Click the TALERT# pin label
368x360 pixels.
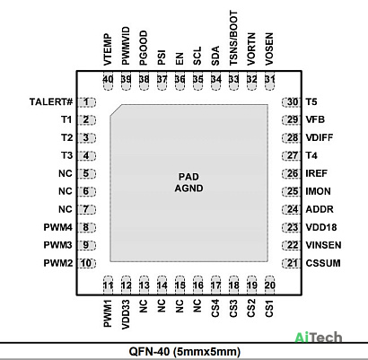[x=51, y=102]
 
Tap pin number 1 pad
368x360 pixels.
[x=86, y=102]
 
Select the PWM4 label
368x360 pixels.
[x=58, y=227]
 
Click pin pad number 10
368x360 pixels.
[x=86, y=263]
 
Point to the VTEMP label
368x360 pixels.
[x=108, y=49]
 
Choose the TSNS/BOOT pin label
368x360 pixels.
[x=233, y=38]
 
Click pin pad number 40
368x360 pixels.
[x=108, y=80]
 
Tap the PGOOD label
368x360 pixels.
[x=144, y=48]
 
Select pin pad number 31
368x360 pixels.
[x=269, y=80]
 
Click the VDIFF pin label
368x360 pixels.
[x=320, y=137]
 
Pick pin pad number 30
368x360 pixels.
[x=291, y=102]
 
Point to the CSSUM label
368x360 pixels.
[x=323, y=263]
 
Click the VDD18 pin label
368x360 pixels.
[x=321, y=227]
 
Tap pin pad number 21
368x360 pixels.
[x=291, y=263]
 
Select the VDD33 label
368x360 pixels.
[x=126, y=315]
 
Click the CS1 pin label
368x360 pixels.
[x=269, y=309]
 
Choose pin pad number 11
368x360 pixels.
[x=108, y=285]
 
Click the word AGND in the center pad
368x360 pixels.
[x=189, y=189]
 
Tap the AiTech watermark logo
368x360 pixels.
[x=319, y=338]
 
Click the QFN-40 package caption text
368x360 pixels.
[x=185, y=352]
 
